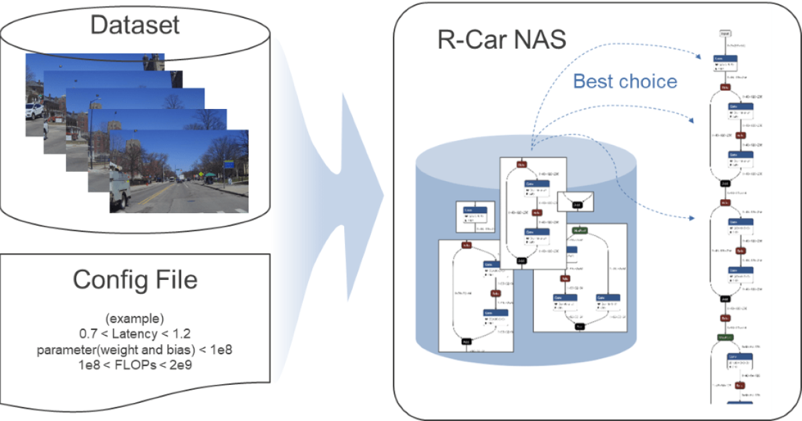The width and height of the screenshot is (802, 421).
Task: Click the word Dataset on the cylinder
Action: point(135,25)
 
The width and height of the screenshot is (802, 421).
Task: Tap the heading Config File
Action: point(135,279)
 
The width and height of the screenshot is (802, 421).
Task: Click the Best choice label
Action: point(625,82)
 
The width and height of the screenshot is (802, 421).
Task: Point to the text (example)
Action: point(135,317)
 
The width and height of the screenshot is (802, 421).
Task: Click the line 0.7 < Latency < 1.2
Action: point(135,332)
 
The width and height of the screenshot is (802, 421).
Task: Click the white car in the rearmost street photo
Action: point(34,110)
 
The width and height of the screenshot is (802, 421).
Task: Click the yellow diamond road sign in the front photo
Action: point(198,174)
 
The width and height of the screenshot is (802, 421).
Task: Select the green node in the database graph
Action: point(579,231)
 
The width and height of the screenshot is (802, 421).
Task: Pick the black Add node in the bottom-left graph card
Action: point(466,341)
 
